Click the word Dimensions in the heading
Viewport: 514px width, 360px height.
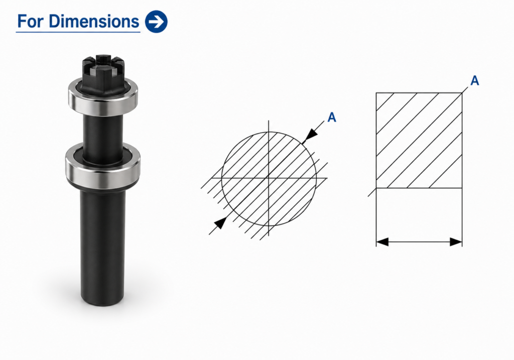pos(94,21)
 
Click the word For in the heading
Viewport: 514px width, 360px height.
pos(31,21)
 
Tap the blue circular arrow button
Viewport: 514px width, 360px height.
pos(156,22)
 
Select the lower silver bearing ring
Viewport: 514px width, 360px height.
pos(103,167)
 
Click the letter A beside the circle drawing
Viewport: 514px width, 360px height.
pos(332,117)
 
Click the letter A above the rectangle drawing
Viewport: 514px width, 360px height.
pos(475,80)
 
